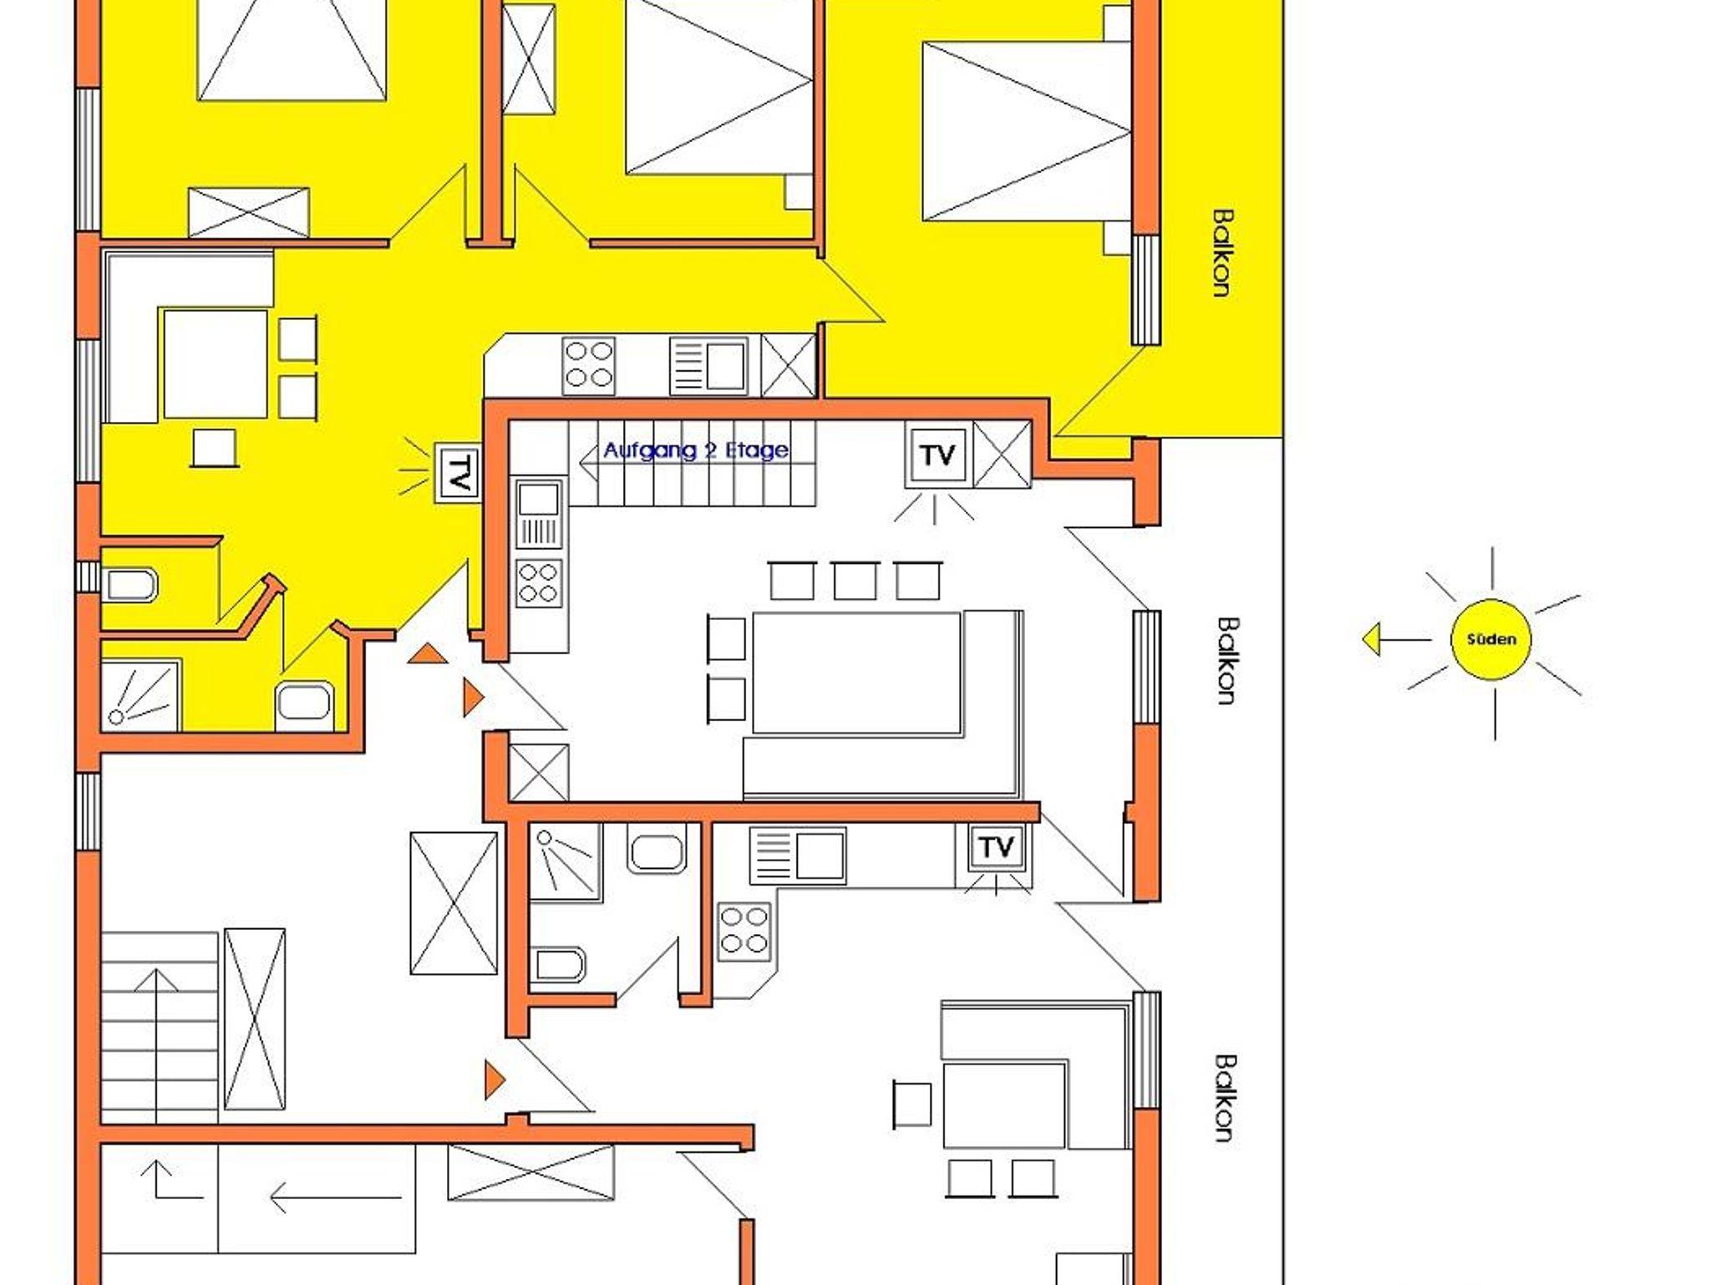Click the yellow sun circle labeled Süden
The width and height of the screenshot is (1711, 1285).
click(1491, 640)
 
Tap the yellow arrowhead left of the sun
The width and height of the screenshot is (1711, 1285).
click(1371, 641)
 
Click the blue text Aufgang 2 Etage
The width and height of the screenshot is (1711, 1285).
click(696, 450)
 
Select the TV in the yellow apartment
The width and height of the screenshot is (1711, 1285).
click(458, 473)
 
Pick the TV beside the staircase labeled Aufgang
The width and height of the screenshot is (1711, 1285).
click(937, 455)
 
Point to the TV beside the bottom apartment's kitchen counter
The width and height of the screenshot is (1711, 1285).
click(995, 847)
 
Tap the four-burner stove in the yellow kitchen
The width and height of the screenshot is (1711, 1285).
click(589, 365)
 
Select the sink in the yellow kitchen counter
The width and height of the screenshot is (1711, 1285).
click(708, 365)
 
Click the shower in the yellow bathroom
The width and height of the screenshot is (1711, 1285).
click(140, 694)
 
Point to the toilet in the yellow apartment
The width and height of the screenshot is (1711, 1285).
click(129, 585)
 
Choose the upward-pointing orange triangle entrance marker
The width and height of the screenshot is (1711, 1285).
click(429, 653)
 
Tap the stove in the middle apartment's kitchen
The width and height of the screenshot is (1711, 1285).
click(539, 582)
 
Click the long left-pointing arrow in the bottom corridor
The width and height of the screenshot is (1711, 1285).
click(336, 1197)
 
